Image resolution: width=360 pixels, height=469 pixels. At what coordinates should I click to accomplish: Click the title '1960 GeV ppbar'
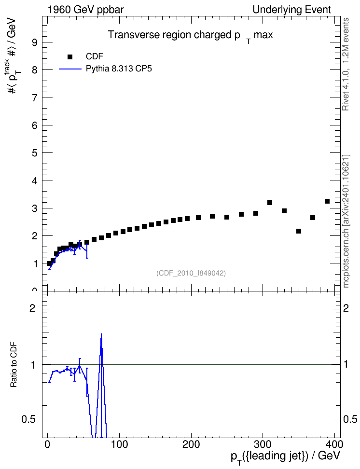pyautogui.click(x=85, y=10)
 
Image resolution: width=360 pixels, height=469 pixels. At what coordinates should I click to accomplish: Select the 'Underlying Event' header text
pyautogui.click(x=292, y=10)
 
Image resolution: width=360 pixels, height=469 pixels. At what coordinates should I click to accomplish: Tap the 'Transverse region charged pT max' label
pyautogui.click(x=190, y=36)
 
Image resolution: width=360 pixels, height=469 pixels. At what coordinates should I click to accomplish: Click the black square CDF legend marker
pyautogui.click(x=70, y=57)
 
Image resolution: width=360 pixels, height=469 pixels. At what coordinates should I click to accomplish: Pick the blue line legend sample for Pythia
pyautogui.click(x=70, y=69)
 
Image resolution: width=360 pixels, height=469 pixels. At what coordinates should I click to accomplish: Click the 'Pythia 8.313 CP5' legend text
pyautogui.click(x=119, y=69)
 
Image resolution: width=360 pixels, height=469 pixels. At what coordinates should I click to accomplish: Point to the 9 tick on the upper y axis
pyautogui.click(x=35, y=42)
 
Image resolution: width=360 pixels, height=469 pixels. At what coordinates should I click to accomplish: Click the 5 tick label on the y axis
pyautogui.click(x=35, y=153)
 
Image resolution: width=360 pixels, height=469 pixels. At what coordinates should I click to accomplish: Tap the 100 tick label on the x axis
pyautogui.click(x=119, y=444)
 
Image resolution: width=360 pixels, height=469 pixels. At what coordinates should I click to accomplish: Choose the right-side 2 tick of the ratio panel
pyautogui.click(x=346, y=308)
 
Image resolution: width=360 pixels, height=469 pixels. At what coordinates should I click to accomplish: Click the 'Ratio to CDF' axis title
pyautogui.click(x=14, y=365)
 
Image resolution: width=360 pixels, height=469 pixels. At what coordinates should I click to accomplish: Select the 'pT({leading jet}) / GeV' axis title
pyautogui.click(x=286, y=456)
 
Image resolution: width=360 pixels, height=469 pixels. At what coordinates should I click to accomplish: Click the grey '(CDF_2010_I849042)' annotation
pyautogui.click(x=191, y=273)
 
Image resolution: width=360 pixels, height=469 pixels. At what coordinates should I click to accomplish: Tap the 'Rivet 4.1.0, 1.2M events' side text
pyautogui.click(x=346, y=64)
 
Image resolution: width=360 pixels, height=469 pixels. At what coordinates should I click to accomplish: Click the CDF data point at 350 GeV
pyautogui.click(x=298, y=231)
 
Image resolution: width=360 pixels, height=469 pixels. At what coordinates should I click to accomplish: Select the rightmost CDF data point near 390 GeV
pyautogui.click(x=327, y=201)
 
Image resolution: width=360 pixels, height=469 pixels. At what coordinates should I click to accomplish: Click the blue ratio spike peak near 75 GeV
pyautogui.click(x=101, y=334)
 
